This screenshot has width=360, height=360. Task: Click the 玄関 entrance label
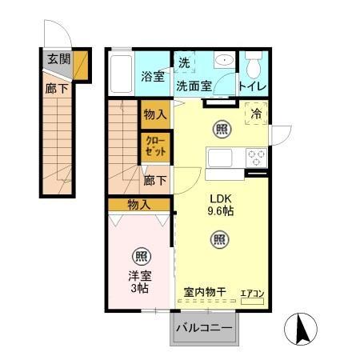click(x=58, y=58)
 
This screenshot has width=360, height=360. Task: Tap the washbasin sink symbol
click(x=222, y=60)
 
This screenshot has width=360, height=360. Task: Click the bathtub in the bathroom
click(x=120, y=74)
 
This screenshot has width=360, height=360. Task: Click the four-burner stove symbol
click(x=257, y=157)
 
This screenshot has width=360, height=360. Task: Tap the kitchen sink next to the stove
click(x=219, y=157)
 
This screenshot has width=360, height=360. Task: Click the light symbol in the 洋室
click(x=141, y=257)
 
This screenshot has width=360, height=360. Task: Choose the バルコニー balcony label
click(x=204, y=328)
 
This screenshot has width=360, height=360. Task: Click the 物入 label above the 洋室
click(x=139, y=206)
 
